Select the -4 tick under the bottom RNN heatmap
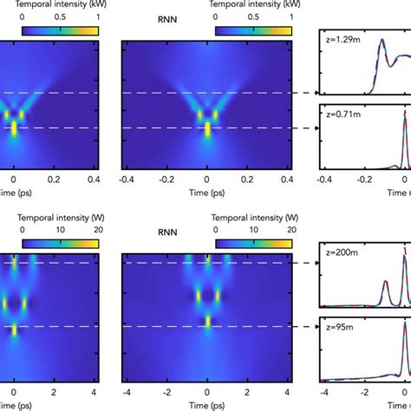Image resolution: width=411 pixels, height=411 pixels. [127, 382]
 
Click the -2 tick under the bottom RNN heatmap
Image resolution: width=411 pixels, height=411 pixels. [166, 382]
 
